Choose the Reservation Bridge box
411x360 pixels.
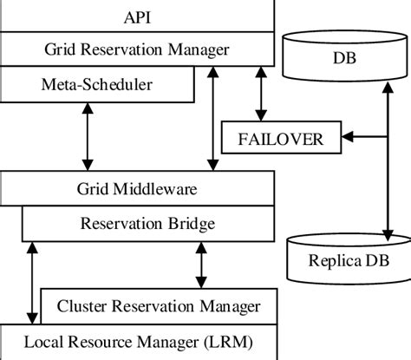coord(147,224)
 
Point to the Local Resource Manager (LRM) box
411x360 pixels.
coord(138,341)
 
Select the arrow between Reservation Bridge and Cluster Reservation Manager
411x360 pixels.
coord(202,265)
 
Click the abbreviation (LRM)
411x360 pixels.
coord(233,341)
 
